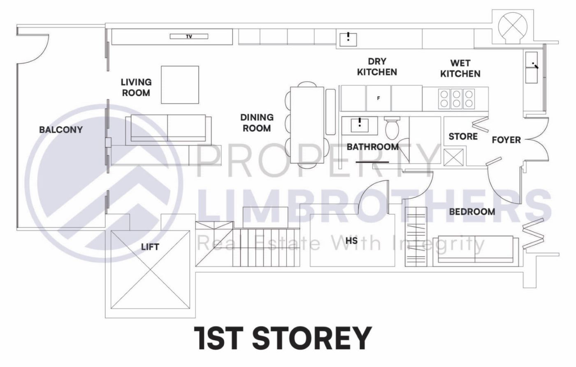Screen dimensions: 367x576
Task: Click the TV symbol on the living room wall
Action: pyautogui.click(x=189, y=37)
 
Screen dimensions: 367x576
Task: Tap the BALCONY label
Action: pyautogui.click(x=61, y=130)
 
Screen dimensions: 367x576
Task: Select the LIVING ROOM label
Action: pyautogui.click(x=136, y=88)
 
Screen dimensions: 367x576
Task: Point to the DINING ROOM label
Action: pyautogui.click(x=257, y=123)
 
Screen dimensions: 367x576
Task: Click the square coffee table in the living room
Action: pyautogui.click(x=180, y=85)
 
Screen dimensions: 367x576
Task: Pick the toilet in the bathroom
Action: pyautogui.click(x=392, y=128)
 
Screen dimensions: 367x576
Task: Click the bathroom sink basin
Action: pyautogui.click(x=360, y=124)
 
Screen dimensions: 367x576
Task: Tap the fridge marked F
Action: pyautogui.click(x=379, y=98)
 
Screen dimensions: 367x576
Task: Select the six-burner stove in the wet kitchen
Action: pyautogui.click(x=456, y=98)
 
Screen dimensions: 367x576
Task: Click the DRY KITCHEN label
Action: pyautogui.click(x=377, y=67)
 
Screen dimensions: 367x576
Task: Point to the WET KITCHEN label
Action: pyautogui.click(x=460, y=68)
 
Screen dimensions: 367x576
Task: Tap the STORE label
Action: pyautogui.click(x=463, y=136)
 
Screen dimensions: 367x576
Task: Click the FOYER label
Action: pyautogui.click(x=506, y=140)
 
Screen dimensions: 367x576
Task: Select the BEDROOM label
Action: pyautogui.click(x=472, y=212)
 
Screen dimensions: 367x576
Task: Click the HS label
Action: pyautogui.click(x=351, y=240)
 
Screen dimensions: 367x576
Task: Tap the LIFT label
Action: pyautogui.click(x=150, y=247)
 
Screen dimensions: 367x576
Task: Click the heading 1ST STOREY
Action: pyautogui.click(x=283, y=338)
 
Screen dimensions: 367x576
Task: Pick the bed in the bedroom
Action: pyautogui.click(x=476, y=249)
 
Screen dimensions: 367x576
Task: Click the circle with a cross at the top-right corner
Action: pyautogui.click(x=512, y=26)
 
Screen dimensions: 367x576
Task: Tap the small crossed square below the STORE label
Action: pyautogui.click(x=454, y=157)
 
